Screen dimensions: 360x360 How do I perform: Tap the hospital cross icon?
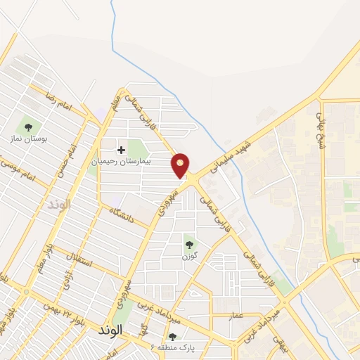[121, 150]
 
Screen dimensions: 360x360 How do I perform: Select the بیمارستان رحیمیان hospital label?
[131, 162]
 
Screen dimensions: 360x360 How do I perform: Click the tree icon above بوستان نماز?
[28, 127]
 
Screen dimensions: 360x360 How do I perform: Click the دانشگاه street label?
[121, 216]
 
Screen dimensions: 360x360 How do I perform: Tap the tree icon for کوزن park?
[189, 245]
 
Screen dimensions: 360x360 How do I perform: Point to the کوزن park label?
[188, 257]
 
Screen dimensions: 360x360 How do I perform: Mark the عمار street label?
[236, 316]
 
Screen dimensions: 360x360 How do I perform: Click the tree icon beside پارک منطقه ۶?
[172, 337]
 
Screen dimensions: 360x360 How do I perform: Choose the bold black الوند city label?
[111, 330]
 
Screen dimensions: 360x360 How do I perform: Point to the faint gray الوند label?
[60, 205]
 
